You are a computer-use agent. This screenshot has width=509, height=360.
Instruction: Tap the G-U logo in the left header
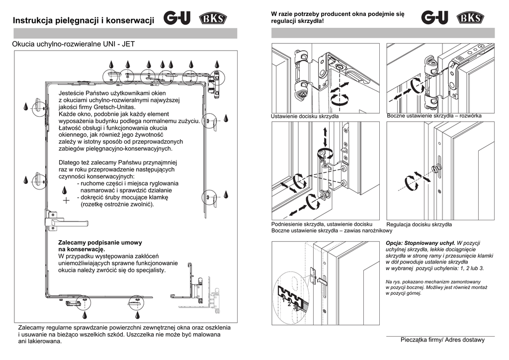(x=176, y=19)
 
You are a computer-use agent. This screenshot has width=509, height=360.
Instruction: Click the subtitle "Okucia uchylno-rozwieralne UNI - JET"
(x=73, y=44)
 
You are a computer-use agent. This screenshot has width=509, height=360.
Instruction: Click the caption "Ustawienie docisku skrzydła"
(x=305, y=116)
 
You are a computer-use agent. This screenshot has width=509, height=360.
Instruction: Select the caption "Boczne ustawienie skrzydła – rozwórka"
(x=434, y=116)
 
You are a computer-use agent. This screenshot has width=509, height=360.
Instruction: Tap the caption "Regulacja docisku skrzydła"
(x=419, y=225)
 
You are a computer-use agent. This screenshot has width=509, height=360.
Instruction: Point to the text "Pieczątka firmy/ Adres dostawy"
(x=442, y=340)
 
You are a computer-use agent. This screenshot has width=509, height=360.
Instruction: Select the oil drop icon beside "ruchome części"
(x=65, y=190)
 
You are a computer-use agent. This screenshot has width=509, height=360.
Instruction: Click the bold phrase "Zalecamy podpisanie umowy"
(x=100, y=243)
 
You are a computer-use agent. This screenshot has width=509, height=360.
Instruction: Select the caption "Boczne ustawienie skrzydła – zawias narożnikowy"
(x=332, y=231)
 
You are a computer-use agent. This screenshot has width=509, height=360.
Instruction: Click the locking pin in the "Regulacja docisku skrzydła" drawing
(x=436, y=170)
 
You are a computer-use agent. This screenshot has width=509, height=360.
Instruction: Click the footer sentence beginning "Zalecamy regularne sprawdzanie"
(x=124, y=328)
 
